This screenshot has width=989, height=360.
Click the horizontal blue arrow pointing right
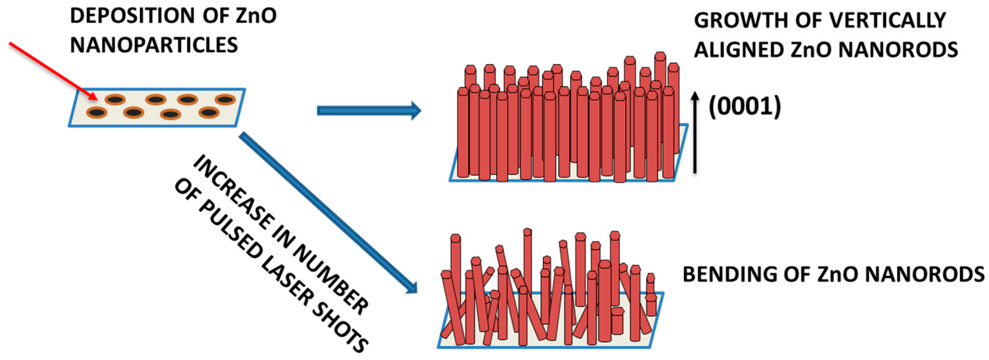click(368, 111)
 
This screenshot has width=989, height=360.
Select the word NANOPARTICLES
click(154, 45)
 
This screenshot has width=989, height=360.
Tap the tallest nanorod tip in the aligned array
click(660, 57)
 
